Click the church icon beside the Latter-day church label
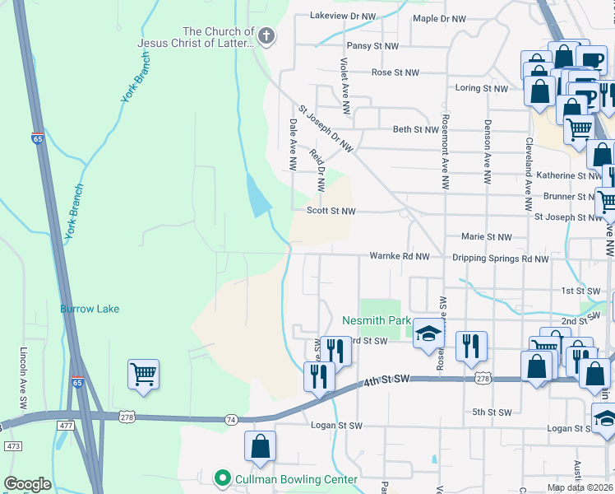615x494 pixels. tap(266, 35)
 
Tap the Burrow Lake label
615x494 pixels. tap(90, 309)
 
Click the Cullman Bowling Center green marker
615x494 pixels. tap(221, 478)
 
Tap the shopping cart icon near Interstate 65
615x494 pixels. tap(143, 375)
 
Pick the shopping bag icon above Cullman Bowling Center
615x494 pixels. tap(260, 447)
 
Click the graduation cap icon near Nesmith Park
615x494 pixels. tap(428, 333)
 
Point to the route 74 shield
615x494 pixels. tap(231, 420)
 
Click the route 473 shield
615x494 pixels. tap(13, 445)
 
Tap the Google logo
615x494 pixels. tap(27, 484)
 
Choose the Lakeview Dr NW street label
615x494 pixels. tap(341, 16)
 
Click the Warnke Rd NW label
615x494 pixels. tap(400, 256)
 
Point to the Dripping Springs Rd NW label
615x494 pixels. tap(500, 259)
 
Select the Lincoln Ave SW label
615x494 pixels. tap(24, 377)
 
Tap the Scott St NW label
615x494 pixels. tap(331, 211)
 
